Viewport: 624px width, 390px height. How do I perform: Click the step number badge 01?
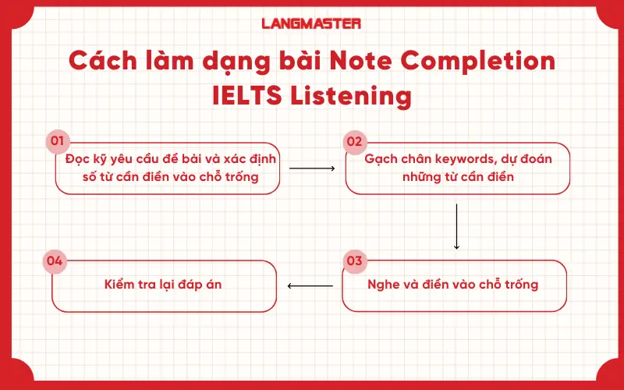56,141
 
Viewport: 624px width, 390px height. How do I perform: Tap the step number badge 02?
354,141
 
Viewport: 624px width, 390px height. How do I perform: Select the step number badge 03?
354,260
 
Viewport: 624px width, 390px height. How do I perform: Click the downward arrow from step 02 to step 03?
456,226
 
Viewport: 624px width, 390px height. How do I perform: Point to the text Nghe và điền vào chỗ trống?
452,284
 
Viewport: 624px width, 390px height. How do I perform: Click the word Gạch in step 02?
382,160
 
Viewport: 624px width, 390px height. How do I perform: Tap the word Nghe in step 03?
383,284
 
